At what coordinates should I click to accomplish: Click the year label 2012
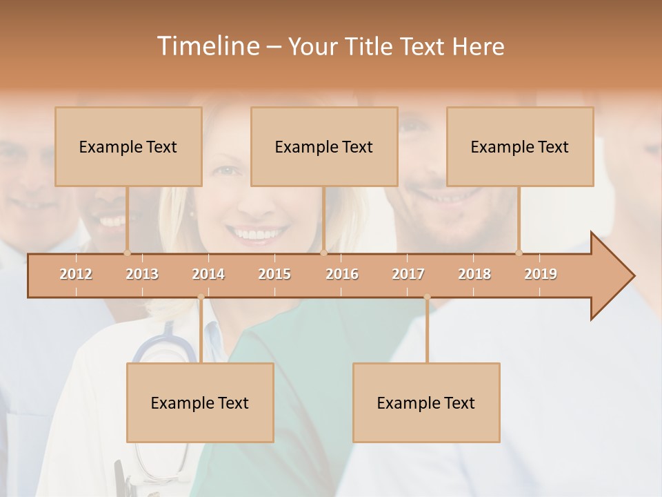[76, 274]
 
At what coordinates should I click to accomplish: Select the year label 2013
[142, 274]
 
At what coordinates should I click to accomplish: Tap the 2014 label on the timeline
[208, 274]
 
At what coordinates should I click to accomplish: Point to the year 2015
[274, 274]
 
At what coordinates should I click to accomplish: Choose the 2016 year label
[342, 274]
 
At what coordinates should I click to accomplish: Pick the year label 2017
[408, 274]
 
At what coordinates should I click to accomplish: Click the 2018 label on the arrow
[474, 274]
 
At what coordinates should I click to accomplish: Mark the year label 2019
[541, 274]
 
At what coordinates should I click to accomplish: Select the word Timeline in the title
[207, 46]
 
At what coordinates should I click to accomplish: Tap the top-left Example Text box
[128, 146]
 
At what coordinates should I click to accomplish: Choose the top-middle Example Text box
[324, 146]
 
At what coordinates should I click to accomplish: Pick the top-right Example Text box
[520, 146]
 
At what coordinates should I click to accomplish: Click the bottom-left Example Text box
[200, 402]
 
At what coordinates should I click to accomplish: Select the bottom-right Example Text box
[426, 402]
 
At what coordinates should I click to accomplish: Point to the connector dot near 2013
[127, 253]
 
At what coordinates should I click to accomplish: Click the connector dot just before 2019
[519, 253]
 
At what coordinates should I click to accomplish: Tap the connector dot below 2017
[427, 298]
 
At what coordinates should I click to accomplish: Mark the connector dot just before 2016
[323, 253]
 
